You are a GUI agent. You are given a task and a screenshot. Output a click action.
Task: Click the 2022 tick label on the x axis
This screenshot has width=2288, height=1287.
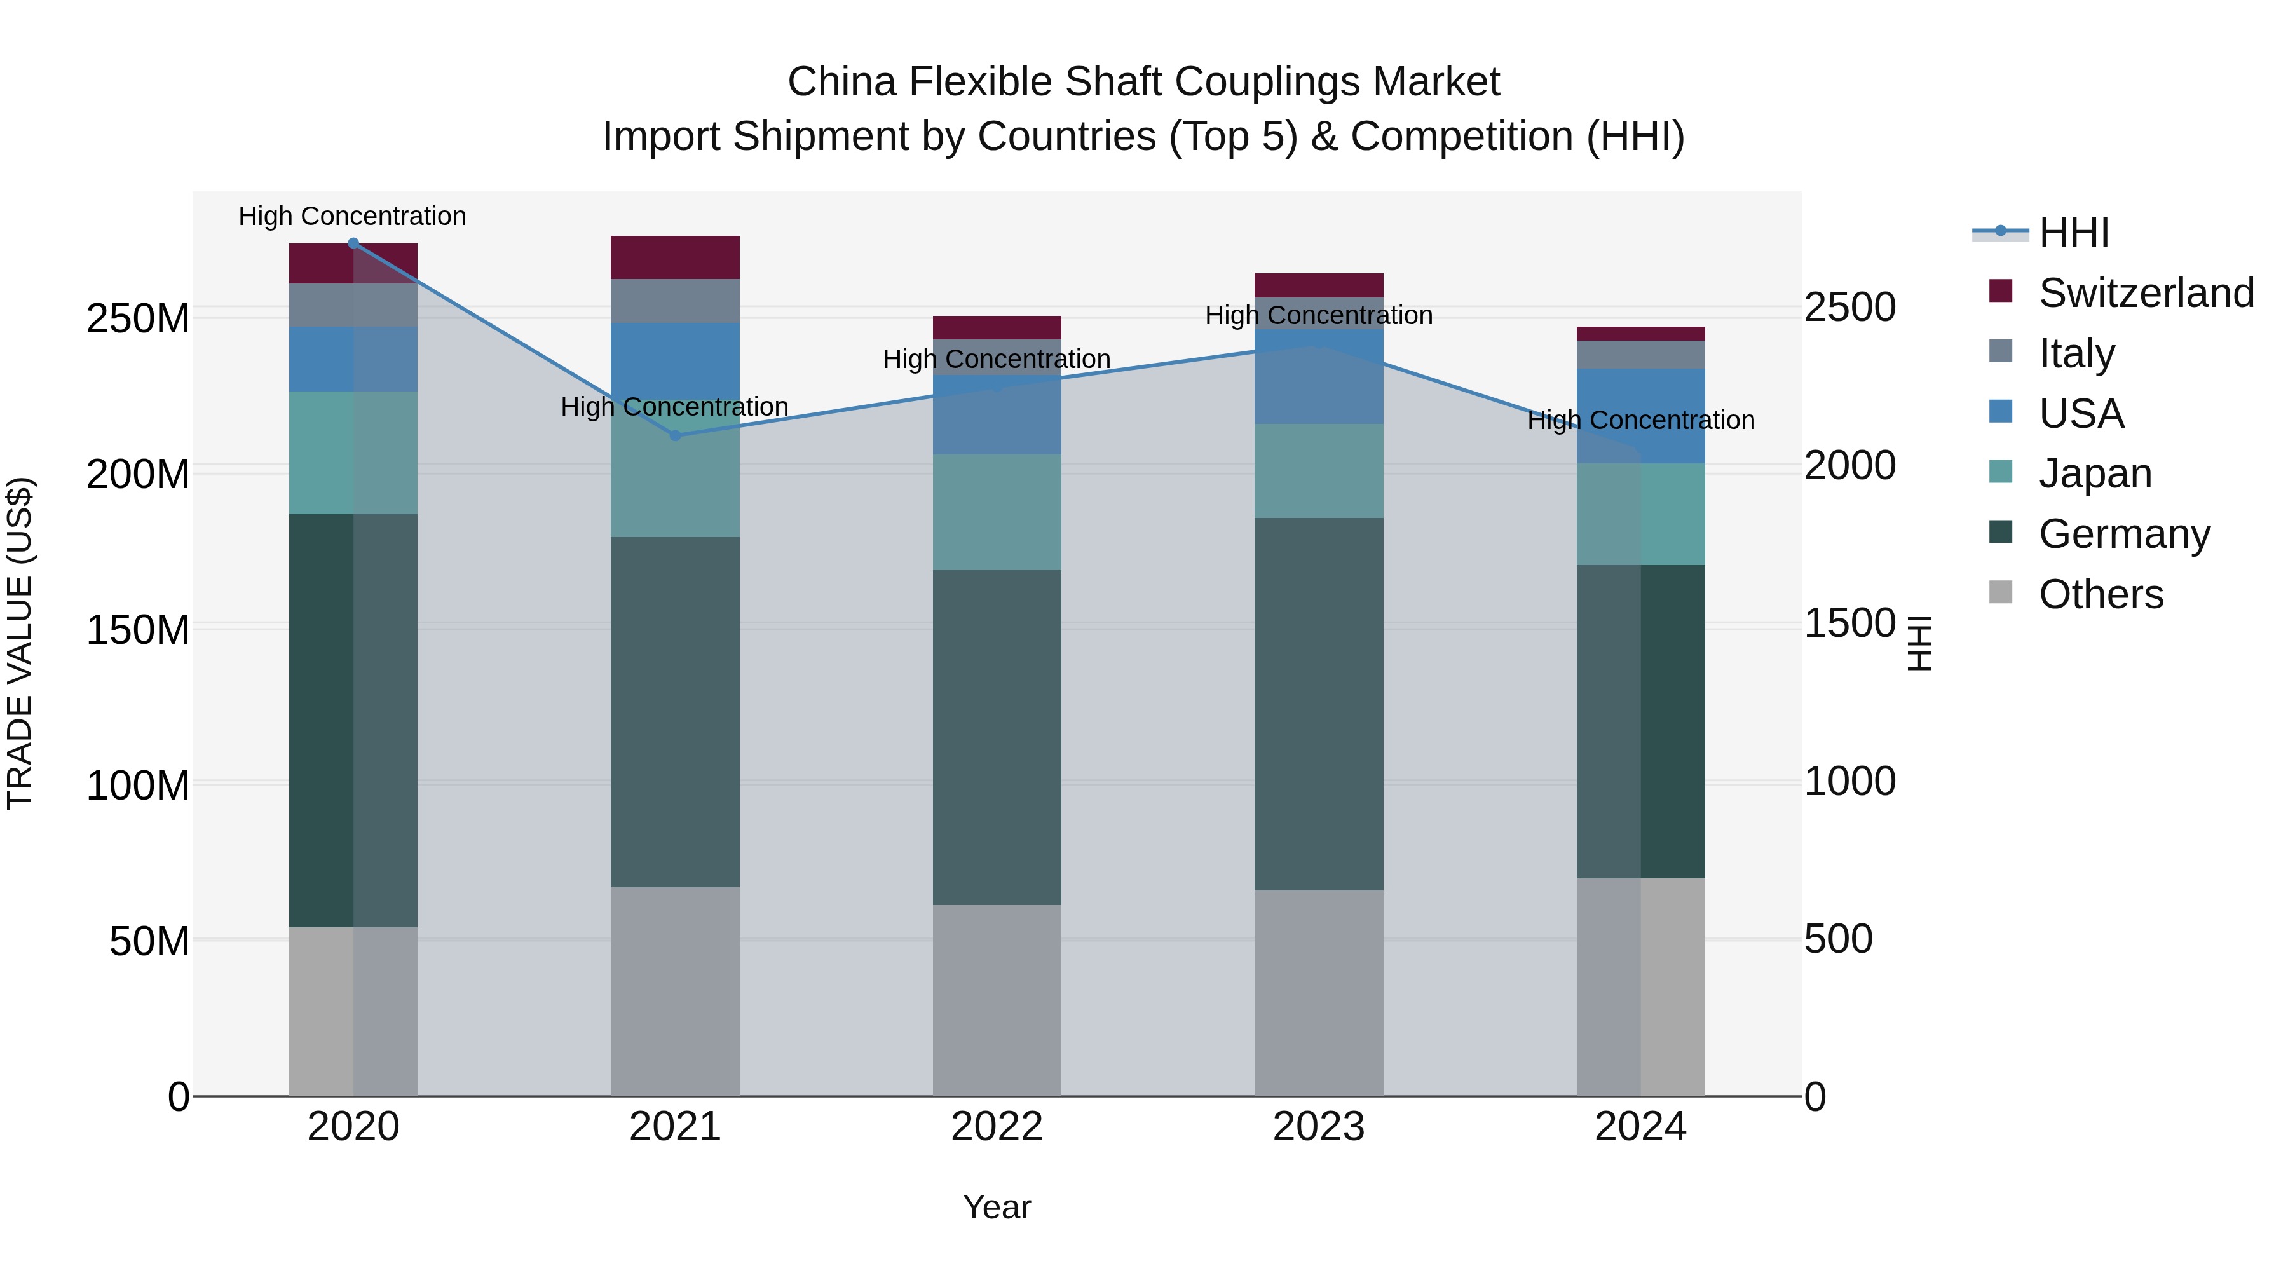(x=997, y=1127)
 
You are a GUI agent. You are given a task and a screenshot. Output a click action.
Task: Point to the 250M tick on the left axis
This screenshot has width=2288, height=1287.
(x=138, y=318)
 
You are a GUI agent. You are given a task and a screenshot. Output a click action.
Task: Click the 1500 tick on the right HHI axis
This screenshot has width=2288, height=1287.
(x=1850, y=623)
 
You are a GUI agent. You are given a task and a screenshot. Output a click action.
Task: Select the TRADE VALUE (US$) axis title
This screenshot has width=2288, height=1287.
(x=20, y=643)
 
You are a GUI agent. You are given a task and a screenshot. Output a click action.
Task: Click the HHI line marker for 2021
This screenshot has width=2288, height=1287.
(x=675, y=435)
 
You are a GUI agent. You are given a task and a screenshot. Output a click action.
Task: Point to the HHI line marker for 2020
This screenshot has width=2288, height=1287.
(x=353, y=243)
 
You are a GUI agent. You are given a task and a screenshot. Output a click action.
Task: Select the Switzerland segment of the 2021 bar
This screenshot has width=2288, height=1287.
(x=675, y=257)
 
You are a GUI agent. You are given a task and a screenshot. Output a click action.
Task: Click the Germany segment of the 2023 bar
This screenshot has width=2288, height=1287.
(x=1319, y=704)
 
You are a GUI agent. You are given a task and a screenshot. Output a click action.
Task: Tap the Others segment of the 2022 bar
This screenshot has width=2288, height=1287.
(x=997, y=1000)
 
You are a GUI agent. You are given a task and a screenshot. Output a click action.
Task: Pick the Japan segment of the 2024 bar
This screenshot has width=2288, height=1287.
(x=1640, y=514)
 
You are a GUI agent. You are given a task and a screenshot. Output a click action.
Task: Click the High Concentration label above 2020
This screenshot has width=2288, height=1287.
(x=353, y=216)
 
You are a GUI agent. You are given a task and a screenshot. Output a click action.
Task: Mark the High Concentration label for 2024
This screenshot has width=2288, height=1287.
(x=1640, y=420)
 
